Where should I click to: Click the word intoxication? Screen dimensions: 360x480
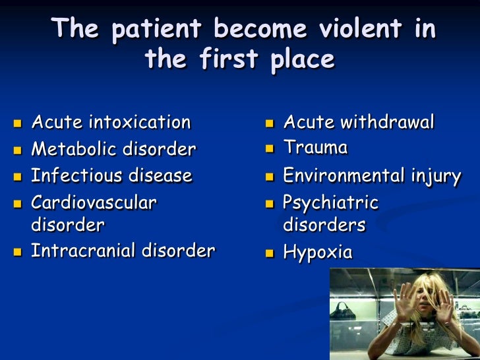(139, 123)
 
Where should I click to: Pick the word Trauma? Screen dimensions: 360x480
(315, 148)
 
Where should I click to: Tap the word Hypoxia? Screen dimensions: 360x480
(318, 253)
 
